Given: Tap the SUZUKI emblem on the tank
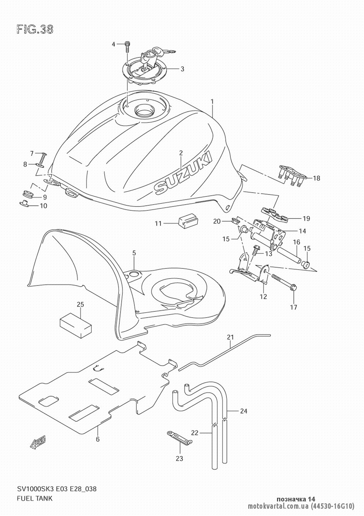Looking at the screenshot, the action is click(183, 172).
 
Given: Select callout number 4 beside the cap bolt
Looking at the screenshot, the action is click(113, 44).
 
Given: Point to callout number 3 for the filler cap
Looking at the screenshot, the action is click(182, 69).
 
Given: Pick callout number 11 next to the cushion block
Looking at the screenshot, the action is click(158, 223).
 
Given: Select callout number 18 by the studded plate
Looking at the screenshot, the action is click(317, 178).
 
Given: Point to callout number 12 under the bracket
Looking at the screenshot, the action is click(264, 296).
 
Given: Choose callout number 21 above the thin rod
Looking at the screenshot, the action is click(230, 337).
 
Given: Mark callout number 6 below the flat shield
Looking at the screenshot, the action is click(98, 439).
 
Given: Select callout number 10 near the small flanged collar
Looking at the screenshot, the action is click(44, 205).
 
